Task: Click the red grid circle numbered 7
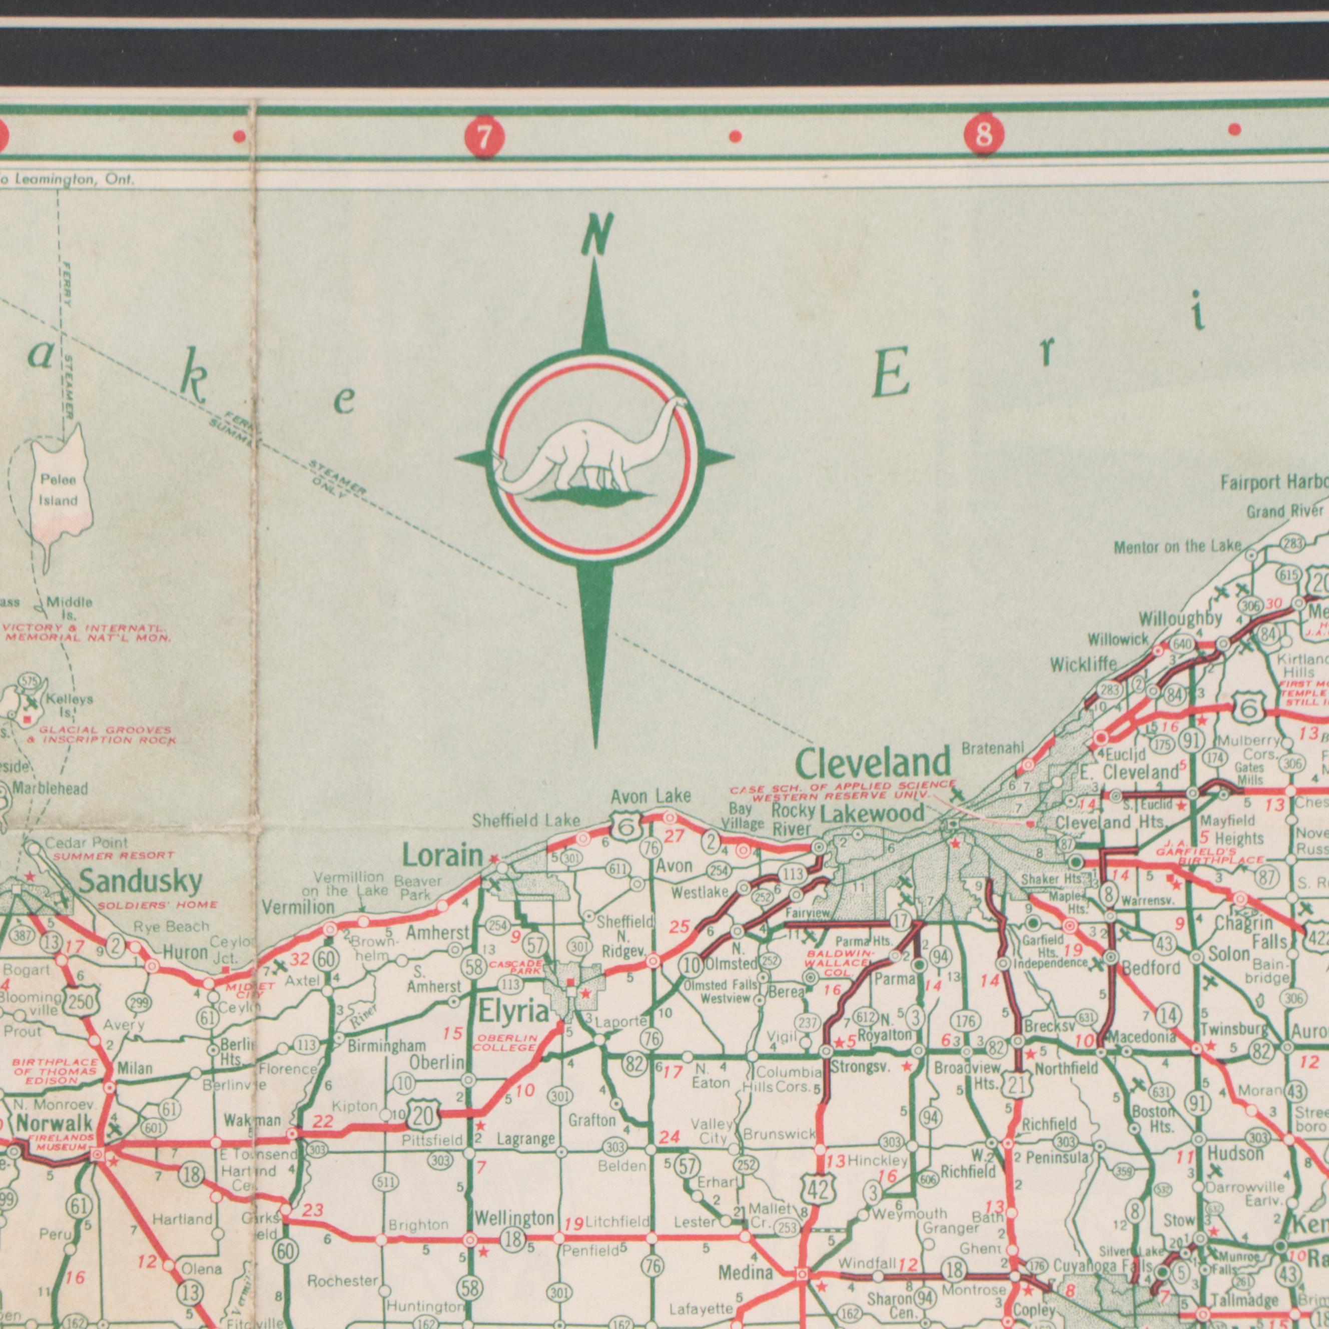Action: [484, 138]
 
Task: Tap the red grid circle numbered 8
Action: [984, 134]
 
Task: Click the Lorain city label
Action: [442, 856]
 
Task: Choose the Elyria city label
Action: [514, 1011]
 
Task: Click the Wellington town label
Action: [514, 1219]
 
